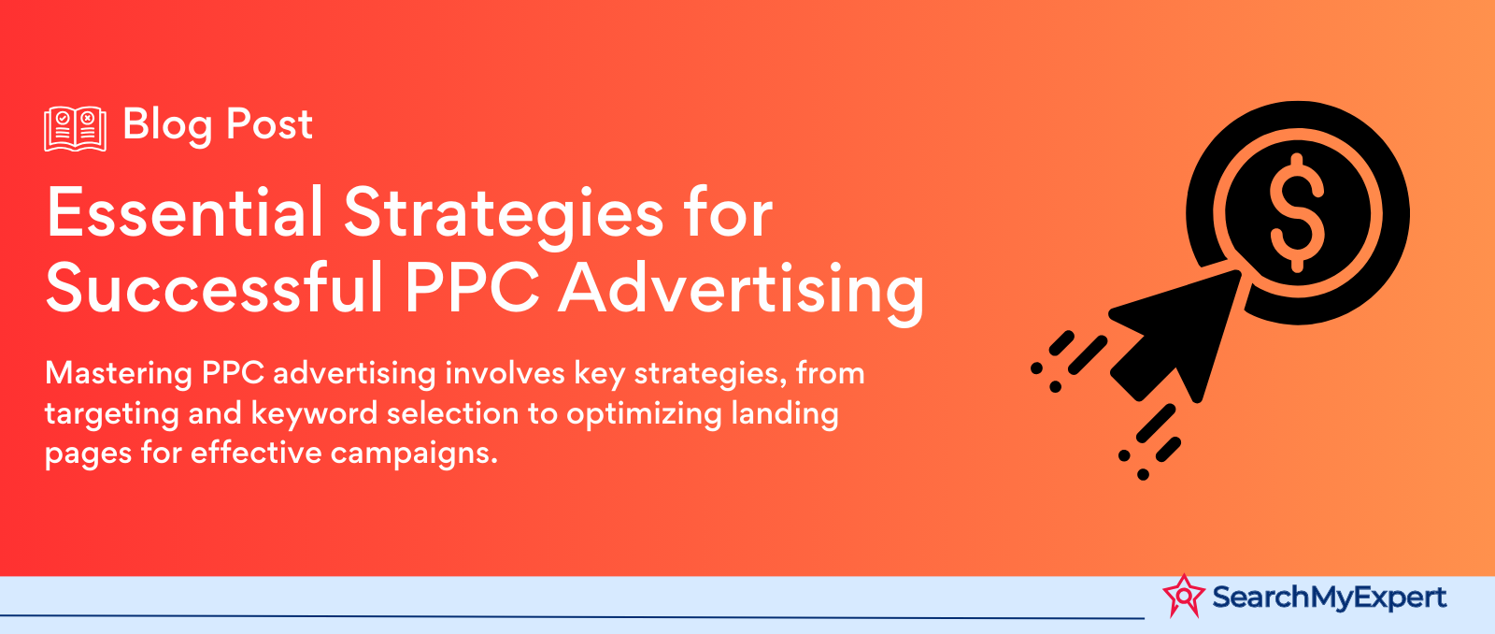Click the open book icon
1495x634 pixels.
[x=76, y=128]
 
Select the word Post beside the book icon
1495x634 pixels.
[x=270, y=124]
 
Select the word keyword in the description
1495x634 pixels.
[x=314, y=413]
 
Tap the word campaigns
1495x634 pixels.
[x=414, y=454]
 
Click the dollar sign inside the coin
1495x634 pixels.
[x=1297, y=212]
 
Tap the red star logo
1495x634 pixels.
[x=1184, y=596]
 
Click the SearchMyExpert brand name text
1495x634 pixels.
[x=1330, y=598]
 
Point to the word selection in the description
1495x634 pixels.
[x=452, y=413]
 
